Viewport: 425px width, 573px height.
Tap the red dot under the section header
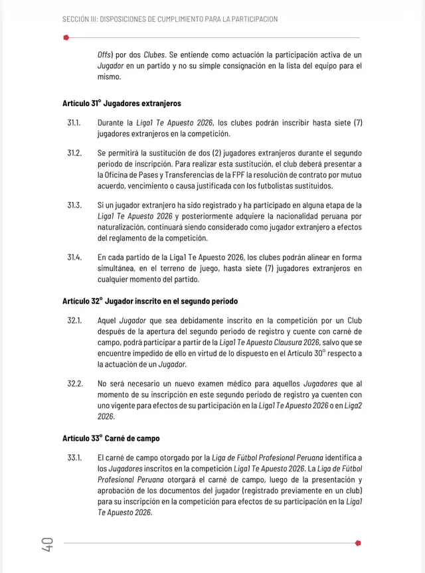click(x=66, y=37)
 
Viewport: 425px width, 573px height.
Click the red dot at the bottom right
click(x=358, y=542)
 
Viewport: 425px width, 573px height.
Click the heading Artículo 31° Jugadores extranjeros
click(x=122, y=104)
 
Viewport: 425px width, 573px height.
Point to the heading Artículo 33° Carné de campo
click(x=111, y=439)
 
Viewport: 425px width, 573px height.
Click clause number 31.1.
click(x=74, y=123)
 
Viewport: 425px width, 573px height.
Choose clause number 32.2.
click(x=74, y=383)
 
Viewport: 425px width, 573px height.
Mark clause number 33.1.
click(x=74, y=457)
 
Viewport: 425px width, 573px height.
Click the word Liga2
click(x=351, y=406)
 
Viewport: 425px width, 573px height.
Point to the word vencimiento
click(x=151, y=186)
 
